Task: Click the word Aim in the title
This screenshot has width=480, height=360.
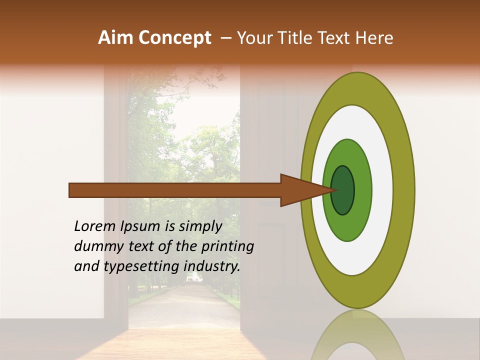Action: point(115,38)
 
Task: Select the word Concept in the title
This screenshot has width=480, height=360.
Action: point(174,38)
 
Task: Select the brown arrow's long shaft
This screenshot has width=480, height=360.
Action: point(175,190)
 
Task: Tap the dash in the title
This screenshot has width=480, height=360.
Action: point(226,38)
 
